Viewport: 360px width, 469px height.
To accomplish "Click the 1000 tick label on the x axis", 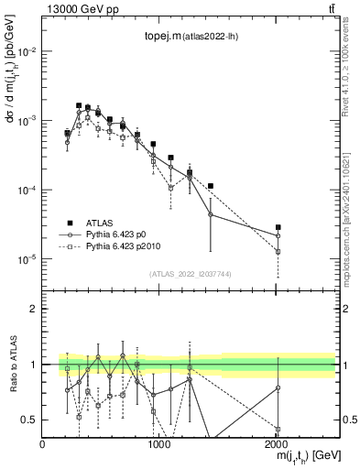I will [159, 443].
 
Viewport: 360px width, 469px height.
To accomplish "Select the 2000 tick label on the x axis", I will [277, 443].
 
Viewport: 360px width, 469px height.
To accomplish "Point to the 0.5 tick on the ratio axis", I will [29, 420].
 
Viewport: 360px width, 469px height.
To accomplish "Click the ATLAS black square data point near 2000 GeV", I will [278, 227].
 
